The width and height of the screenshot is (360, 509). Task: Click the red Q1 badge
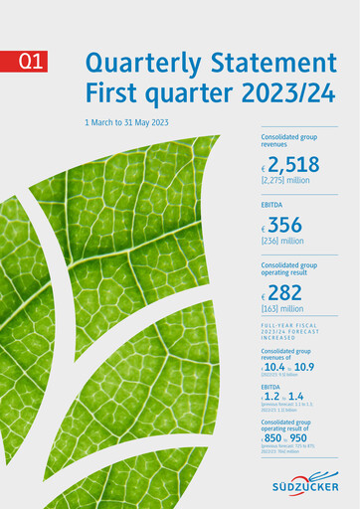click(31, 62)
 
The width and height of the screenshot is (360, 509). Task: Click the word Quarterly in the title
click(139, 63)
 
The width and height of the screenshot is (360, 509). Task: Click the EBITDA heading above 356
click(273, 204)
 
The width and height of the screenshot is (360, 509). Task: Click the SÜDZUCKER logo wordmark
click(304, 486)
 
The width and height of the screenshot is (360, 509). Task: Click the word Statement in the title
click(270, 63)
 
